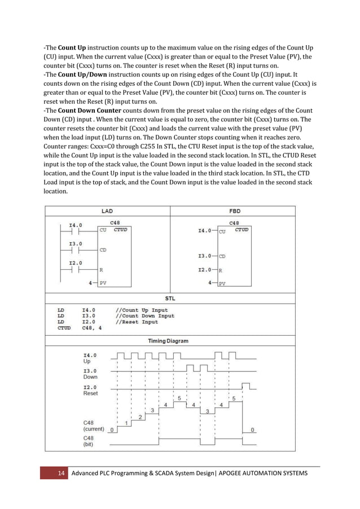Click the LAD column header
[x=107, y=211]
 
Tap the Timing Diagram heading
[x=168, y=341]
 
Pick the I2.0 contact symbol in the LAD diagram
[x=75, y=269]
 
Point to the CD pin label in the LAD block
[x=103, y=249]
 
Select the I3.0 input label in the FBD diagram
[x=204, y=256]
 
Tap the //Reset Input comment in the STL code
[x=137, y=322]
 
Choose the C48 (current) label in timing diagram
[x=94, y=425]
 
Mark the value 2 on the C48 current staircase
[x=140, y=418]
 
